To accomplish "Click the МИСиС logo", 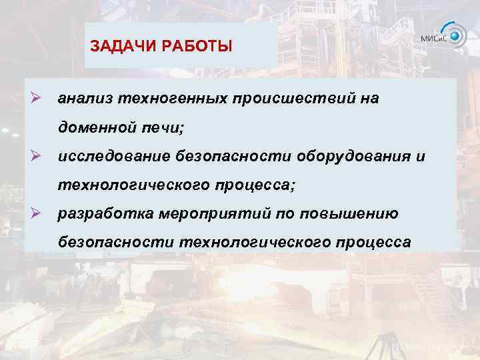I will [444, 36].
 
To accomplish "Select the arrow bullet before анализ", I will [37, 98].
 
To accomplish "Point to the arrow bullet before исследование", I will [37, 155].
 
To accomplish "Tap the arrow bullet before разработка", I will [37, 213].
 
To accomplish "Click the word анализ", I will [85, 99].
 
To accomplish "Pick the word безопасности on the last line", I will [116, 242].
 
